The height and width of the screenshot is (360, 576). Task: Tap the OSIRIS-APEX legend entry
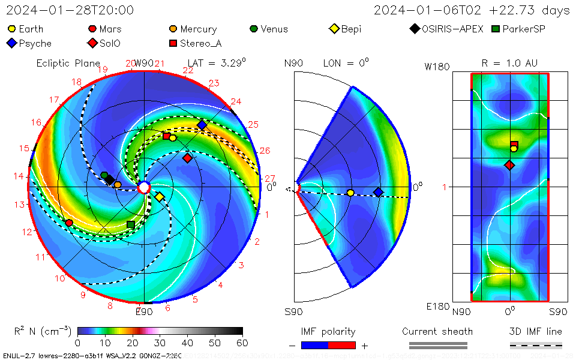tap(446, 29)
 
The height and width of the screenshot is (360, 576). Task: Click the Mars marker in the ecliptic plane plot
tap(69, 223)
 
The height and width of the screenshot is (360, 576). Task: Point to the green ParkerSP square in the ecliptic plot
tap(131, 224)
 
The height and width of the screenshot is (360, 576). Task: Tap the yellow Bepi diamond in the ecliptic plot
tap(160, 197)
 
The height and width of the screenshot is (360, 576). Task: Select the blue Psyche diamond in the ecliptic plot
tap(202, 125)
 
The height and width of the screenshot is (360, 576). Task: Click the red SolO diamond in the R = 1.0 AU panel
tap(509, 165)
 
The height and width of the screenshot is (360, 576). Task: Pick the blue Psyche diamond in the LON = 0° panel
tap(378, 192)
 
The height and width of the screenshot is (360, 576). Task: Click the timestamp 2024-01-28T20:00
tap(70, 10)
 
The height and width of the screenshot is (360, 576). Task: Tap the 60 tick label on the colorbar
tap(242, 343)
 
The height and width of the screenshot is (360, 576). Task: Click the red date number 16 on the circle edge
tap(37, 122)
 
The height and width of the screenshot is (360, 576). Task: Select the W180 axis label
tap(437, 67)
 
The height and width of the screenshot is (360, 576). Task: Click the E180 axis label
tap(438, 307)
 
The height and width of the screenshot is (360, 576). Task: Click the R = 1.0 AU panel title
tap(509, 63)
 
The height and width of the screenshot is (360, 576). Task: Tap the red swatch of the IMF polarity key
tap(342, 346)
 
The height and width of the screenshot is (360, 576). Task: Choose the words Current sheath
tap(437, 331)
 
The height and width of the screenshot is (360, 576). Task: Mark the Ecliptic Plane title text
tap(68, 63)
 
